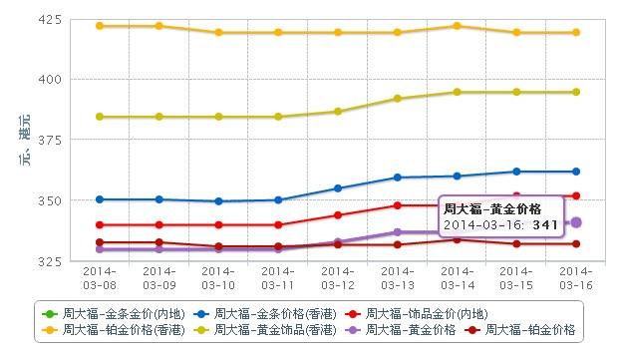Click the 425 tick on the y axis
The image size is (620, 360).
point(49,20)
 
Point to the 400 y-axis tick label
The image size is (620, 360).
point(49,79)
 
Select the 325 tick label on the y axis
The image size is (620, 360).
point(49,261)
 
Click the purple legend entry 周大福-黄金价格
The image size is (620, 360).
point(403,327)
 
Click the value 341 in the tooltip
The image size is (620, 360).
point(543,226)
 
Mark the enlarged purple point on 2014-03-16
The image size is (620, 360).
point(576,222)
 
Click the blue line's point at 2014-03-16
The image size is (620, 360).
point(576,172)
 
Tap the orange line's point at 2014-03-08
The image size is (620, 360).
point(99,26)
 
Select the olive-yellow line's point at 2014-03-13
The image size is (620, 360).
point(397,99)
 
